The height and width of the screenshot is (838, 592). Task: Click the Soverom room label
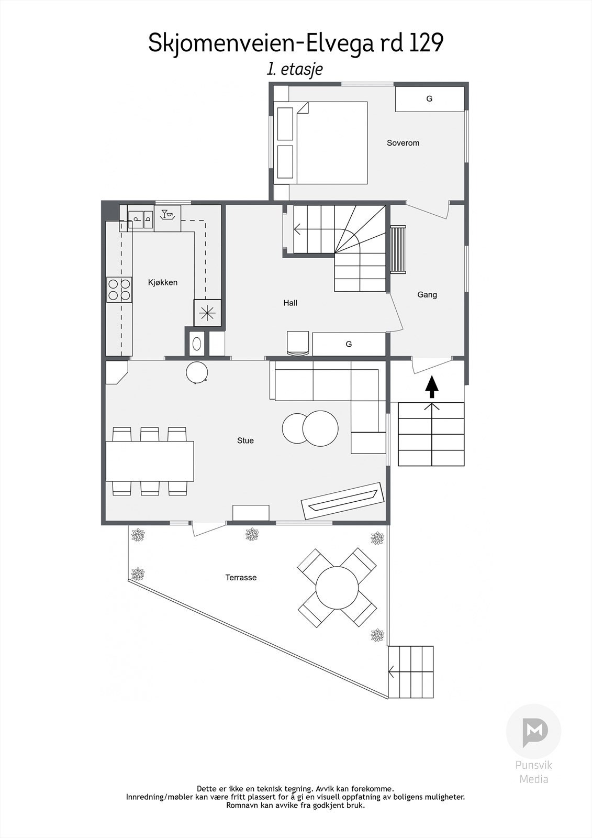click(x=403, y=143)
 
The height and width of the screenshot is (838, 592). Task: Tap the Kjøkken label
click(x=163, y=283)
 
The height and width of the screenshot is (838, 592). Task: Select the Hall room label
click(x=290, y=303)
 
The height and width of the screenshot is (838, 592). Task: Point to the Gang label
click(x=427, y=295)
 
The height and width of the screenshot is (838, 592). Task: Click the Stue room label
click(x=245, y=440)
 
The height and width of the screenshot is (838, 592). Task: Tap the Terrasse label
click(x=241, y=578)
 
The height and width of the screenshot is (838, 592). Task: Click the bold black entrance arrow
click(x=431, y=388)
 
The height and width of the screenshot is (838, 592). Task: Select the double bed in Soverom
click(x=331, y=142)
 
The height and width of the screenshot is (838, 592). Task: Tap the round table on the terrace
click(x=337, y=588)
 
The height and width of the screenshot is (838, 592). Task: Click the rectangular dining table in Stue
click(x=150, y=461)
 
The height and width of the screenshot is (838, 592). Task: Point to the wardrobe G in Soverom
click(x=429, y=99)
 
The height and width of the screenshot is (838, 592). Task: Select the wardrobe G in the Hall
click(x=349, y=344)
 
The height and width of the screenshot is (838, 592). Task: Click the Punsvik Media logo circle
click(x=533, y=732)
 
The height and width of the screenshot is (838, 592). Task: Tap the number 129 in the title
click(x=426, y=43)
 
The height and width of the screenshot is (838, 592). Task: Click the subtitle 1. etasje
click(x=295, y=69)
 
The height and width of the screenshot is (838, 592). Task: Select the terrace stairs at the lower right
click(x=411, y=671)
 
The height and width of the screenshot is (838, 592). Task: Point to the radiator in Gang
click(x=398, y=249)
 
